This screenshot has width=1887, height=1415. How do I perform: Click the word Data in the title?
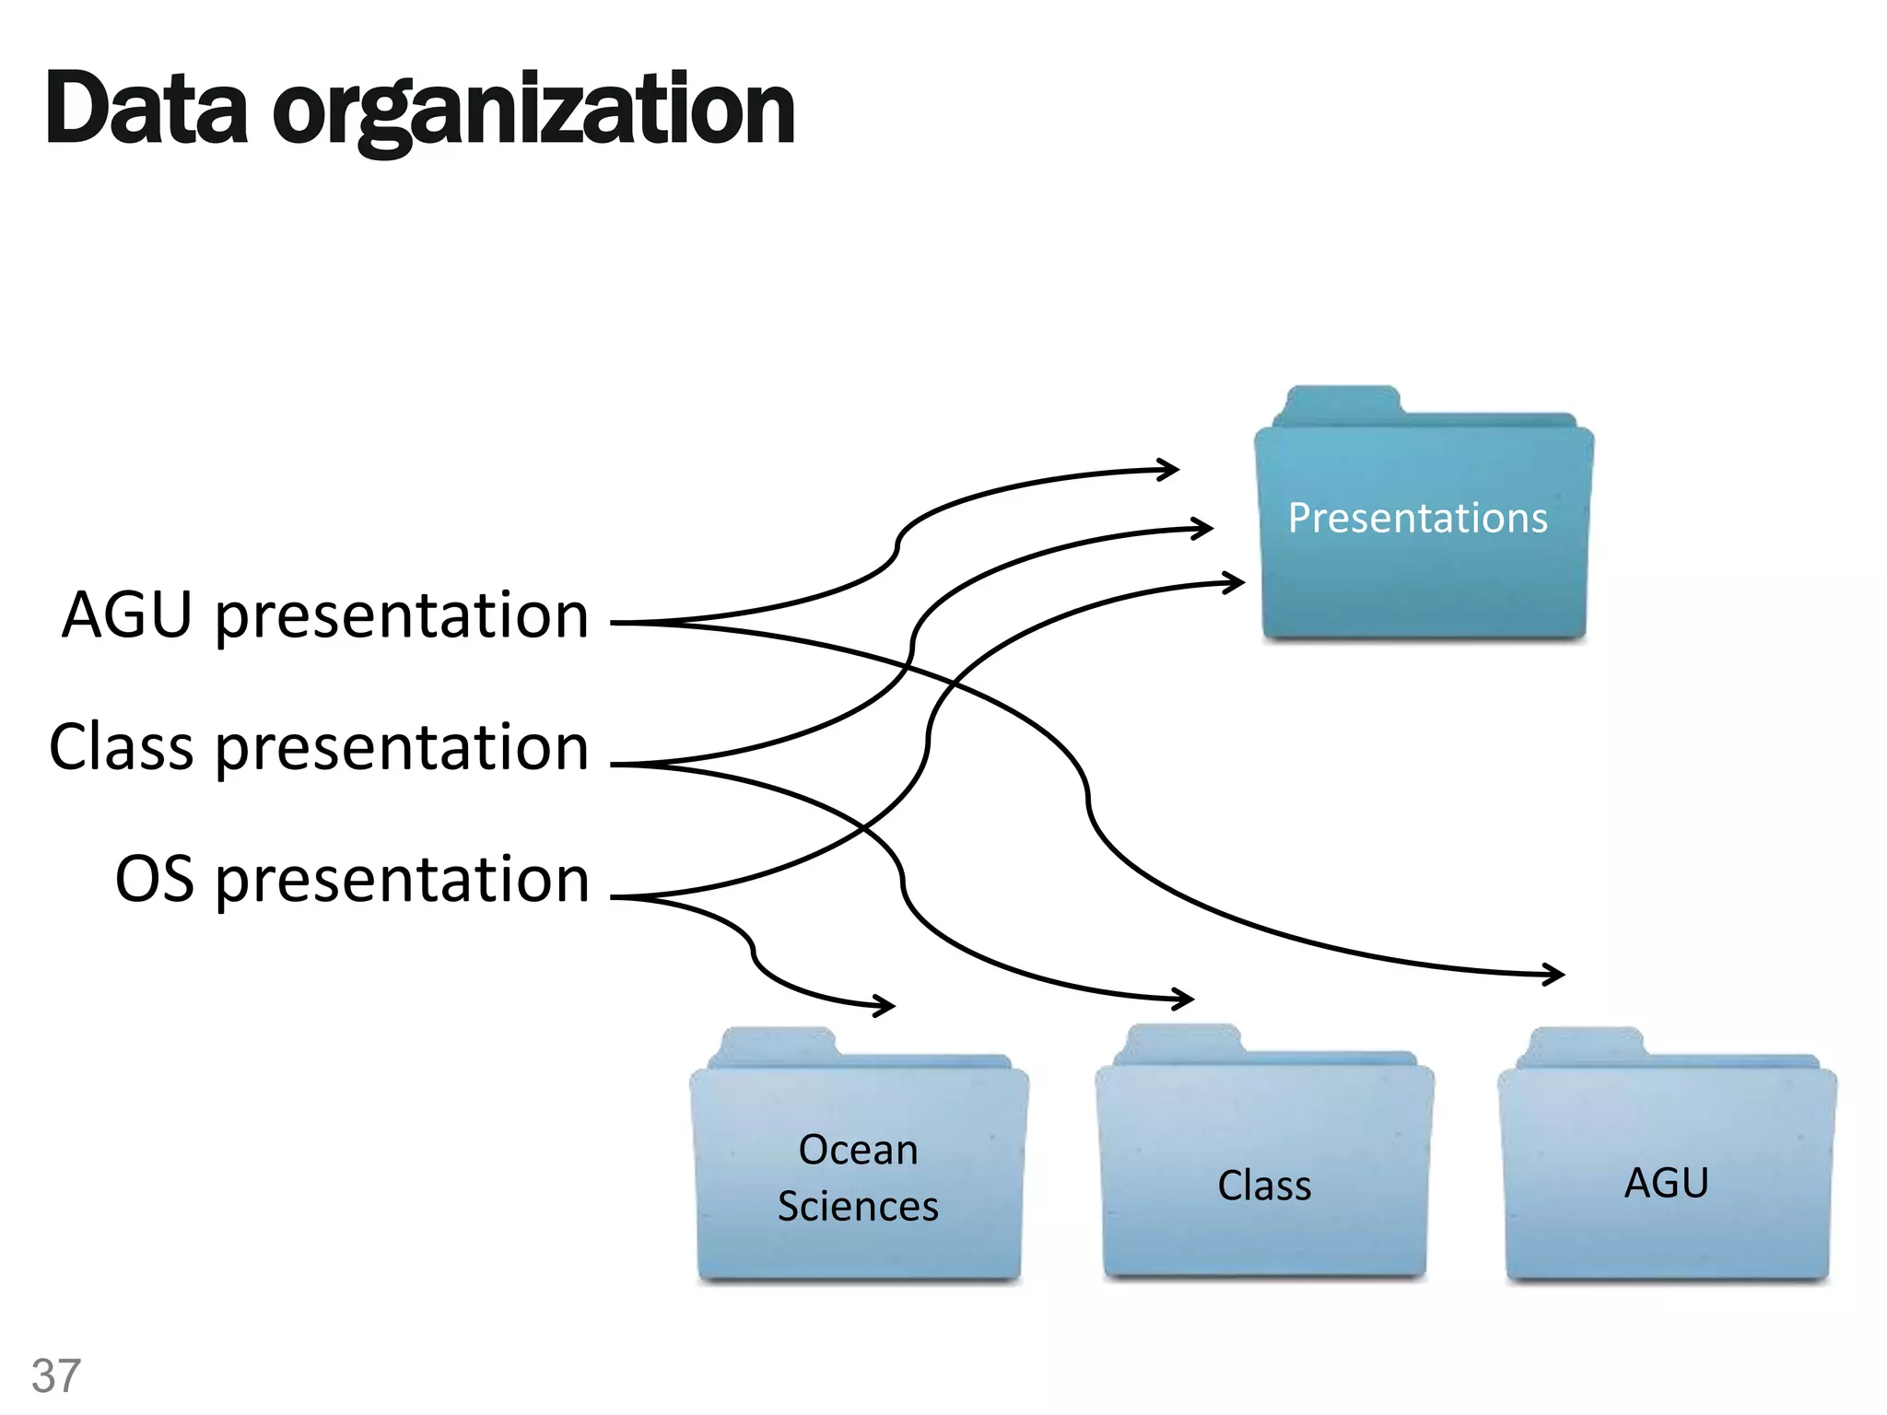147,111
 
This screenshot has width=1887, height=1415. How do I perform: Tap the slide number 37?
56,1375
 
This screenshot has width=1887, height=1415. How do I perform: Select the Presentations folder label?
1417,518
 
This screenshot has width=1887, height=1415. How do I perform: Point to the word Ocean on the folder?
858,1150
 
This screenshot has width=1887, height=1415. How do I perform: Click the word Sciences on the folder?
858,1207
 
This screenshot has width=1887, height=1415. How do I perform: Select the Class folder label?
1264,1186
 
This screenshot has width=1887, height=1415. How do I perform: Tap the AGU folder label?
1666,1183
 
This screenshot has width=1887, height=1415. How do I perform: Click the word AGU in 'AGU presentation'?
127,615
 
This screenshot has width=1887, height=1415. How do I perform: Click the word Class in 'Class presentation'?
122,747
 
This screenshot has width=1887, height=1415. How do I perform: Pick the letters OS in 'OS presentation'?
155,879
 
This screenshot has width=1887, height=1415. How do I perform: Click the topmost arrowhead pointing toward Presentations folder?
1171,470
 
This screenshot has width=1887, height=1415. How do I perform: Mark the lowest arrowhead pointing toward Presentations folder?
1237,582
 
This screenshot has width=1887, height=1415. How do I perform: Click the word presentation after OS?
403,881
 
